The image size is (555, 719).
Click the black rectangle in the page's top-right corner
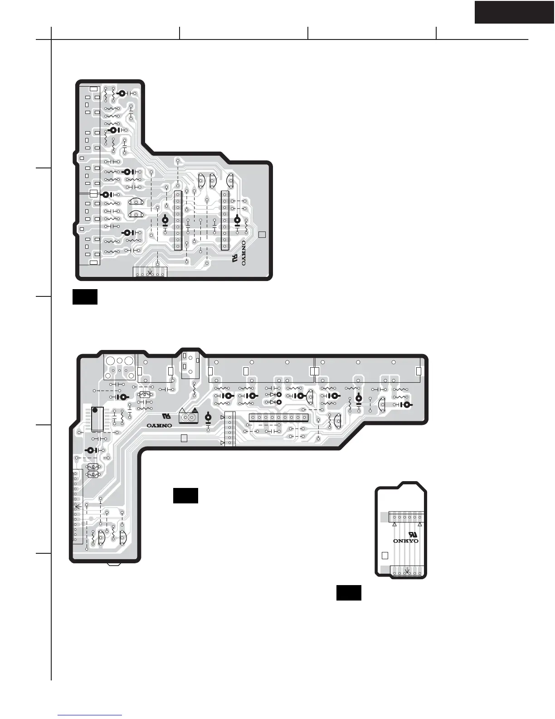point(514,12)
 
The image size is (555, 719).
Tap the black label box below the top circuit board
point(85,297)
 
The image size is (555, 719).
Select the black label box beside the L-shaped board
point(185,496)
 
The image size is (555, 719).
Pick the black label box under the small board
point(349,593)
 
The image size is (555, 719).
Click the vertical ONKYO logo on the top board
point(243,253)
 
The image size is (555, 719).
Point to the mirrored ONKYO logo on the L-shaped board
point(159,425)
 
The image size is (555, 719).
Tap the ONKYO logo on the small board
point(405,541)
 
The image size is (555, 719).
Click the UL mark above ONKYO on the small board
point(413,534)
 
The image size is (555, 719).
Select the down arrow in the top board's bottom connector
point(150,272)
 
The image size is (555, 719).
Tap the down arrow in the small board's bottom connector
point(407,571)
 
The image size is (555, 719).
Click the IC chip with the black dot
point(97,419)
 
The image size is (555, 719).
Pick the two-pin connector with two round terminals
point(188,418)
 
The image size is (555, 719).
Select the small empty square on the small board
point(385,556)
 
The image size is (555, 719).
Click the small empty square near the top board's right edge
point(262,235)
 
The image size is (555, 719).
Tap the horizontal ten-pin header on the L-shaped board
point(278,418)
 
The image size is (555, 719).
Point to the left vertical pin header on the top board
point(178,220)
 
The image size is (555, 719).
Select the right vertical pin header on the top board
point(225,220)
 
